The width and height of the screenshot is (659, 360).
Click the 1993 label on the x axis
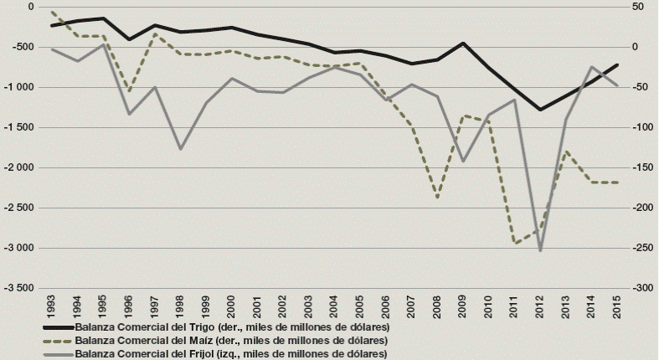pos(52,303)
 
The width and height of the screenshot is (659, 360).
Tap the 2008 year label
pos(436,303)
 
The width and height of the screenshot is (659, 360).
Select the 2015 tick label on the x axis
pos(616,303)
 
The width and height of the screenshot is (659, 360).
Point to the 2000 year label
pos(231,303)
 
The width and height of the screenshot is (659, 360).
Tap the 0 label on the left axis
pos(30,7)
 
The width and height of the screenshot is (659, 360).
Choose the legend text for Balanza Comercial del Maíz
pos(230,341)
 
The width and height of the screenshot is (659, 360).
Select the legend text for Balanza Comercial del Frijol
pos(229,354)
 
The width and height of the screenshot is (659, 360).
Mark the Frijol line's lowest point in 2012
pos(540,249)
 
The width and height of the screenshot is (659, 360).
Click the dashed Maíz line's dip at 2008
pos(437,198)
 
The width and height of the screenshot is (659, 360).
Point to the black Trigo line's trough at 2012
pos(540,109)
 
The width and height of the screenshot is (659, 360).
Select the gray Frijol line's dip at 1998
pos(180,149)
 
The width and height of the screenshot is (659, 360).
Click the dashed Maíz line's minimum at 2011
pos(515,244)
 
